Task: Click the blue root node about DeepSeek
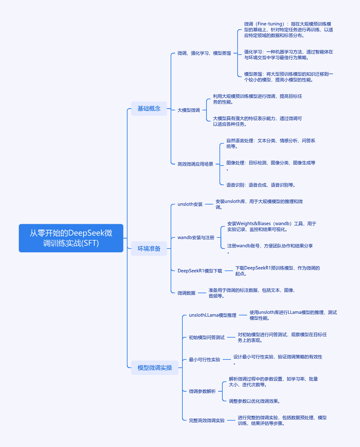click(x=71, y=238)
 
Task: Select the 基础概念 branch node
click(x=149, y=109)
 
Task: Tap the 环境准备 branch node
click(x=149, y=248)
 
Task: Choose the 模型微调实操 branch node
click(x=155, y=368)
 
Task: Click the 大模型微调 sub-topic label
click(x=189, y=110)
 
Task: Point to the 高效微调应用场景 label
click(x=195, y=164)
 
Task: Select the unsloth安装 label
click(x=190, y=204)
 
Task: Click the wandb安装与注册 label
click(x=196, y=237)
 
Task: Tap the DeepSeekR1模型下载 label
click(x=200, y=271)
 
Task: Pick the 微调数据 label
click(x=186, y=293)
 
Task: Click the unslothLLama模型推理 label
click(x=212, y=315)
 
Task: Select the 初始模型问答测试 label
click(x=207, y=337)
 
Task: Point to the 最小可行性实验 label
click(x=204, y=359)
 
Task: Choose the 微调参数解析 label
click(x=202, y=391)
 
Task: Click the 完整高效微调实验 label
click(x=207, y=420)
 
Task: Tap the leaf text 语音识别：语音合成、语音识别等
click(x=261, y=185)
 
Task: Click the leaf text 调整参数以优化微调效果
click(x=254, y=401)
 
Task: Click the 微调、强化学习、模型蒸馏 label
click(x=204, y=53)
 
